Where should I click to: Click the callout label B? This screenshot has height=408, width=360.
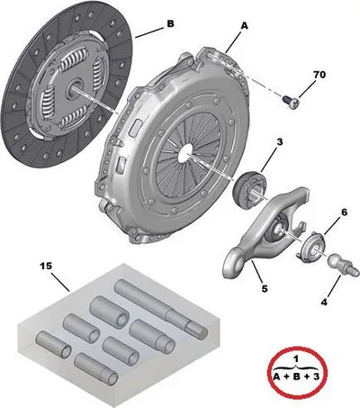170,23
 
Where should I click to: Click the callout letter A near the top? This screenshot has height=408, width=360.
245,26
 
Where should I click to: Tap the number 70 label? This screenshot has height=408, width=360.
319,75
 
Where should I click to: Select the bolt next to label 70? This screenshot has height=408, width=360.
291,102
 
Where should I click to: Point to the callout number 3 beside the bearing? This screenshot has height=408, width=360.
279,141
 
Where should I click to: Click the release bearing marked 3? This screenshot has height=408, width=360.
249,189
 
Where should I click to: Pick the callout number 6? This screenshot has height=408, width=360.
344,213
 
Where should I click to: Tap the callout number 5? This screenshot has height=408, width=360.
265,289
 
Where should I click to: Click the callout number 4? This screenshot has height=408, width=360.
324,303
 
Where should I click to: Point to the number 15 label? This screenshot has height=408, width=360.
46,266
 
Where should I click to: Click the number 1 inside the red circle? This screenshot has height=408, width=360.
296,358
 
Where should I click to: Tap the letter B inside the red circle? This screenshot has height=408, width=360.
296,376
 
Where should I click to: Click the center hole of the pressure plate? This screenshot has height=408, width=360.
185,150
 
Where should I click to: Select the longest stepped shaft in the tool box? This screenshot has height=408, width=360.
161,307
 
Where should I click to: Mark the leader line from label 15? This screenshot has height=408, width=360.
60,282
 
